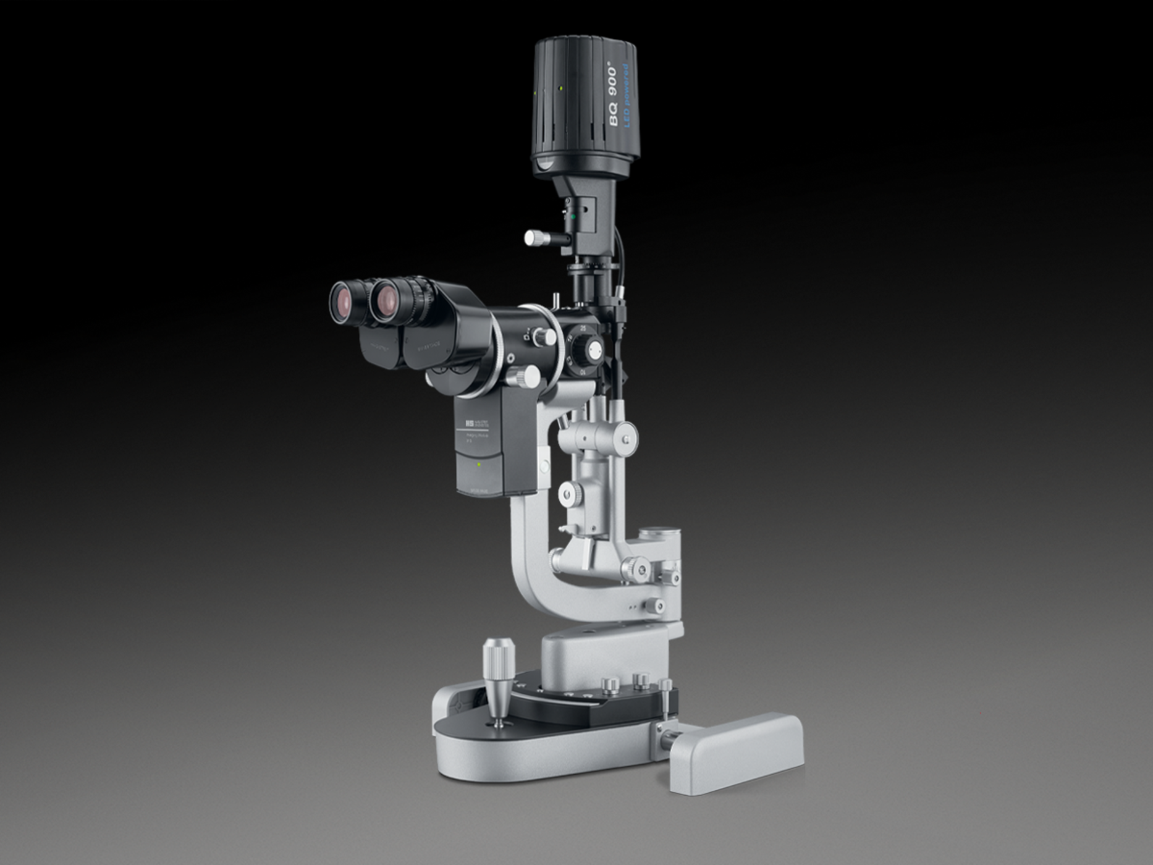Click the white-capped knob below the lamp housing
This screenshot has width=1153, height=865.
532,237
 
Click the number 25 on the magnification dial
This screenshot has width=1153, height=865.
583,328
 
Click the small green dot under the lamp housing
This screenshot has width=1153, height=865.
573,217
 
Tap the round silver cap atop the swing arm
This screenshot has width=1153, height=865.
660,534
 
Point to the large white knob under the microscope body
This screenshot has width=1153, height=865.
527,375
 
